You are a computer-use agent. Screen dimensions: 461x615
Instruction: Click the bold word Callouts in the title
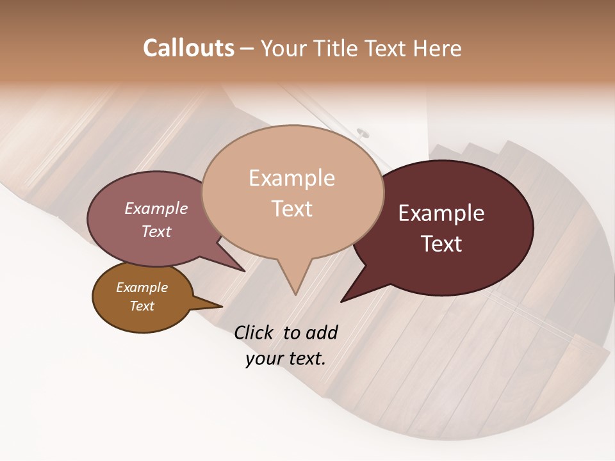188,48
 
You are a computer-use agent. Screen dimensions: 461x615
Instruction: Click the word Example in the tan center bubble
291,178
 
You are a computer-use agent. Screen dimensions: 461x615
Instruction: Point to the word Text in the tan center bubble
291,209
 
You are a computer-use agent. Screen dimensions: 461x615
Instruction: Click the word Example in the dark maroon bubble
441,213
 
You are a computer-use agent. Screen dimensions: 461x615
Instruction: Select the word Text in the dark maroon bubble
441,244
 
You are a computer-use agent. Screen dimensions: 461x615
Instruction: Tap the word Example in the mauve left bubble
156,208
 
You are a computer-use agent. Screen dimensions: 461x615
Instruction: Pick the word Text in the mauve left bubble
156,231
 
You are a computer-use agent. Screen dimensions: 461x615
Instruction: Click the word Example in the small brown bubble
142,287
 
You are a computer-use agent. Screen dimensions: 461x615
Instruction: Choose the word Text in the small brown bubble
142,306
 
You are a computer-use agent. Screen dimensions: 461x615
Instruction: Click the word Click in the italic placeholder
255,332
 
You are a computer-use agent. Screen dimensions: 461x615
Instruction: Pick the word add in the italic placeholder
321,332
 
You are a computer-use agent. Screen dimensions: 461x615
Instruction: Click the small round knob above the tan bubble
363,133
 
